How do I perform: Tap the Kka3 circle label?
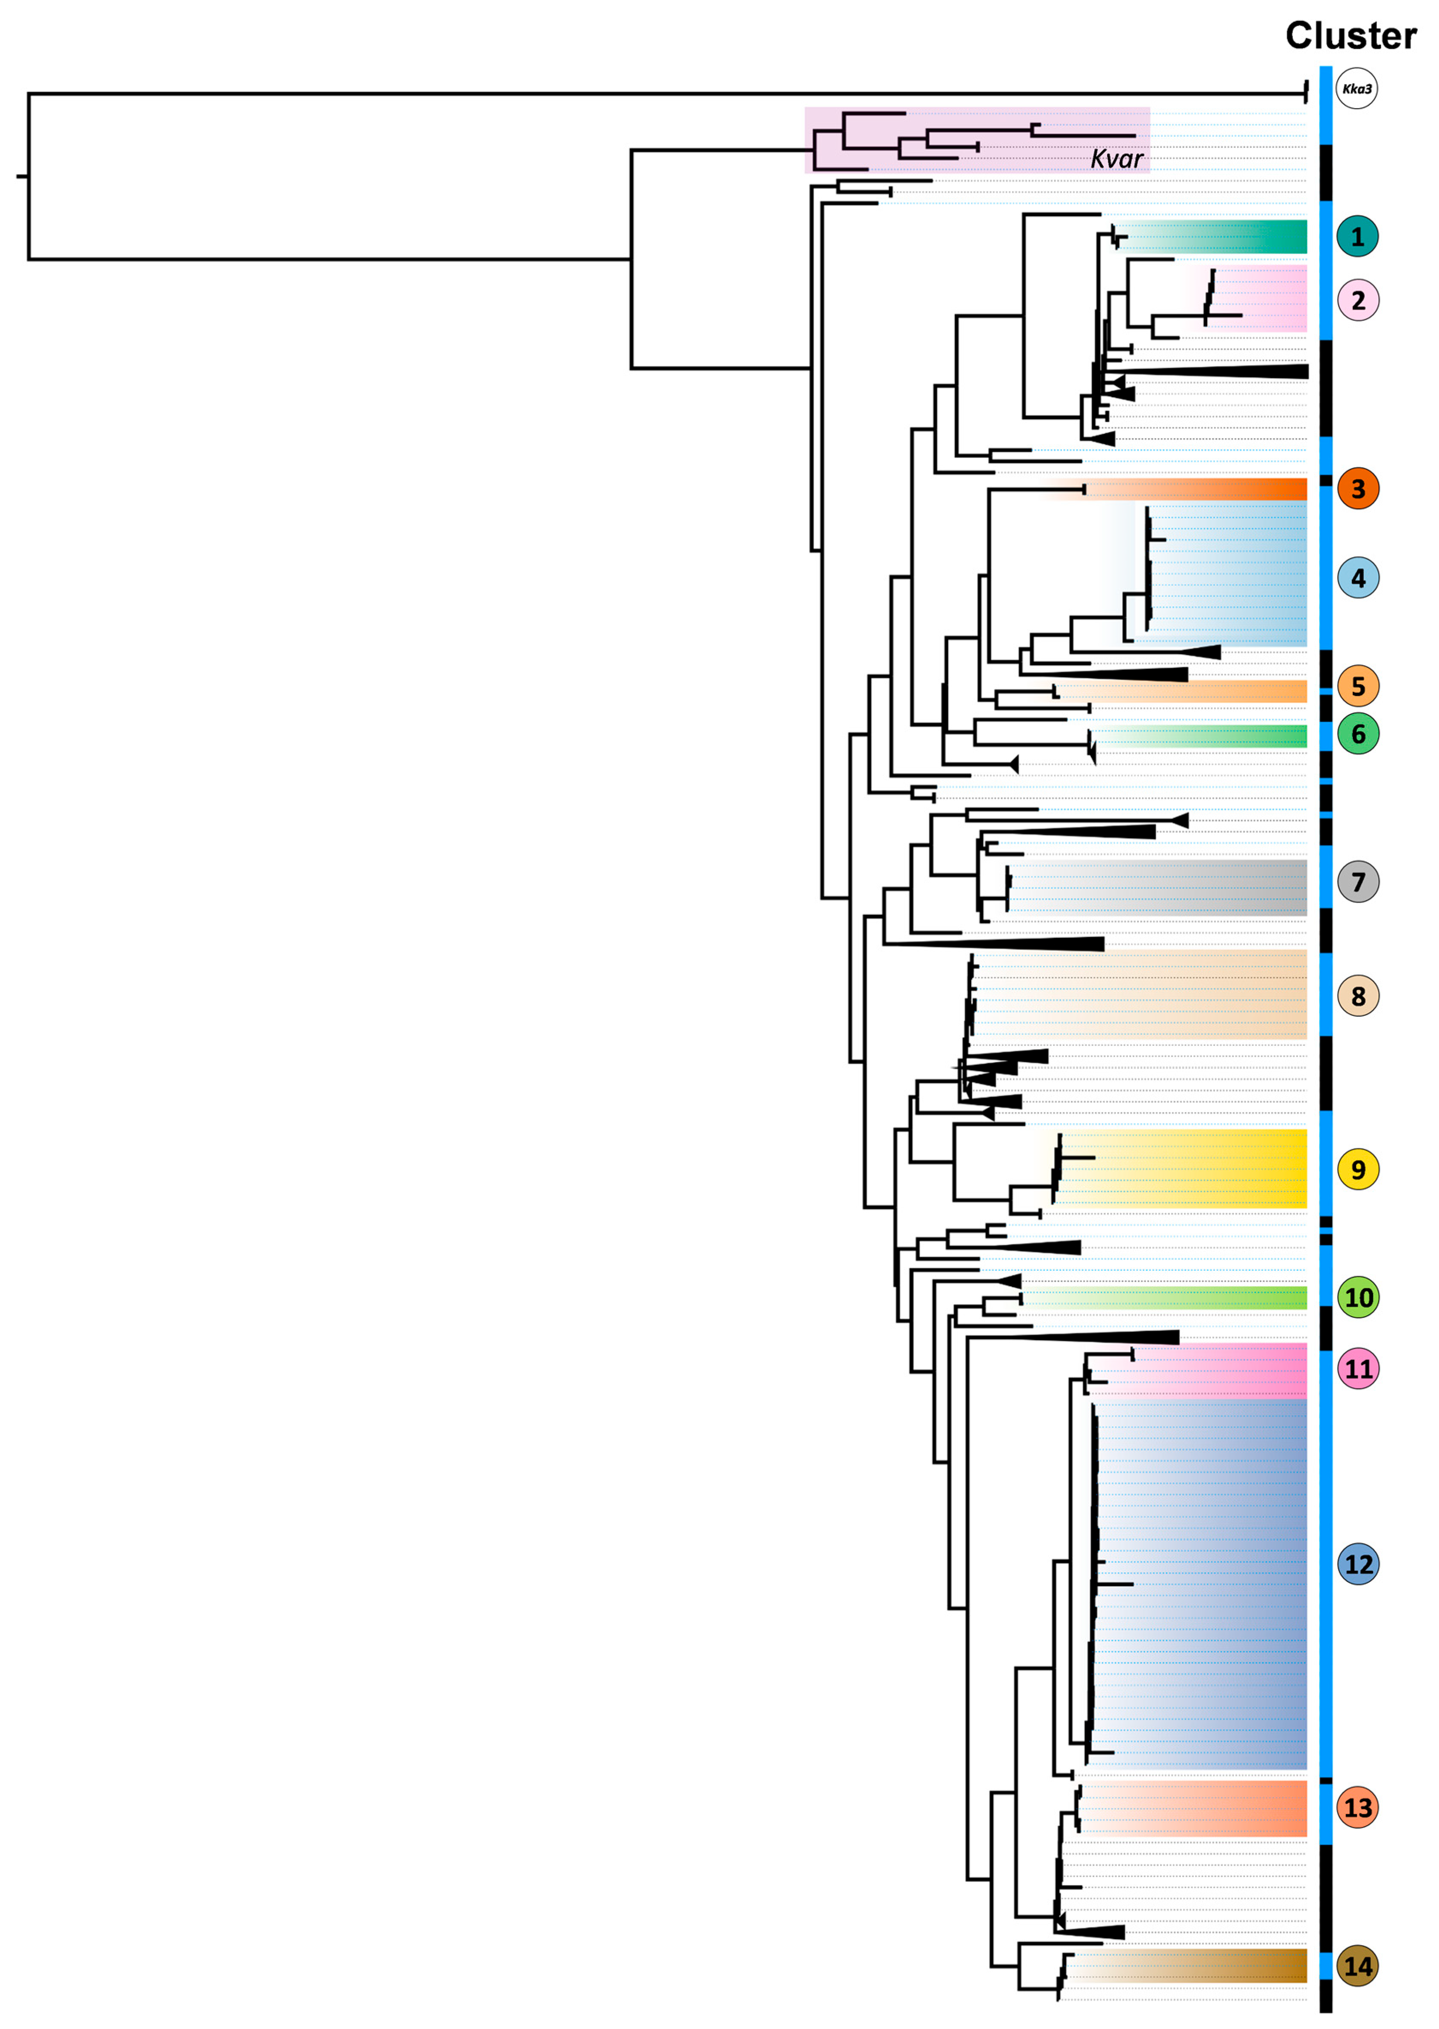pos(1356,89)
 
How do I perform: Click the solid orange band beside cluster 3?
pos(1241,489)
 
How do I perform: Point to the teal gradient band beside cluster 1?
pos(1241,237)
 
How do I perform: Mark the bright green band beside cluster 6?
pos(1241,736)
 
